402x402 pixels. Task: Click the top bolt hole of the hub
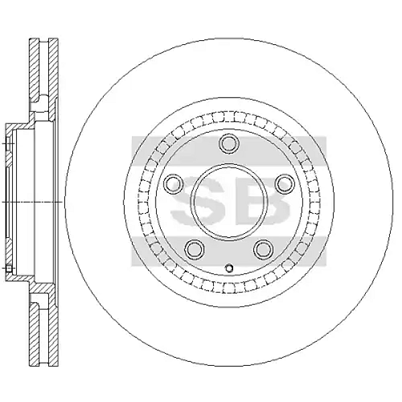coord(229,143)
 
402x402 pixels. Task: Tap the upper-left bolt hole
coord(174,184)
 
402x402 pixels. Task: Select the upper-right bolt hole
coord(285,184)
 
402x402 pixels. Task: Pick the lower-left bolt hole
coord(194,249)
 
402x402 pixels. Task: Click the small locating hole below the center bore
coord(229,268)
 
